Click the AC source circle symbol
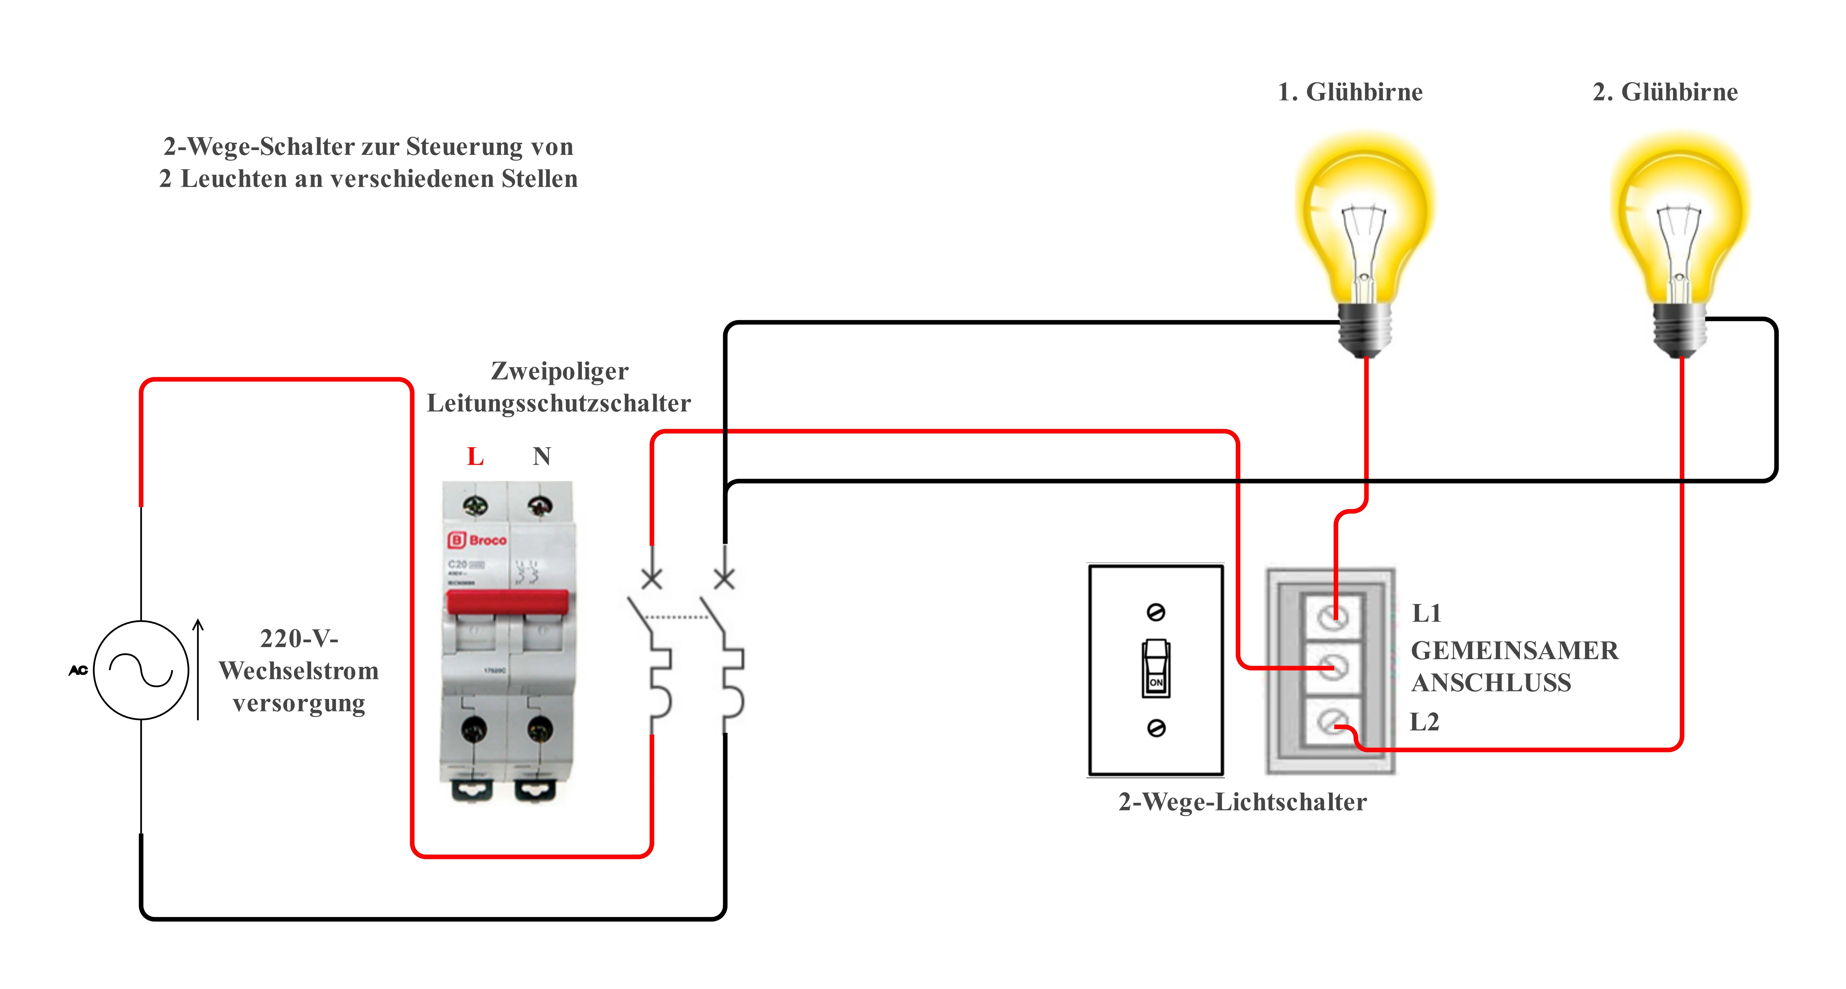coord(141,670)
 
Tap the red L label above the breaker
coord(475,456)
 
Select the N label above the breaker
coord(542,456)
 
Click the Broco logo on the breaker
coord(477,540)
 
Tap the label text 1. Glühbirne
coord(1350,92)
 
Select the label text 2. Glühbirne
coord(1665,92)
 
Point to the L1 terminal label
coord(1426,614)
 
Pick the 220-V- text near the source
coord(299,638)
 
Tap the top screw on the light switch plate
coord(1156,612)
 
